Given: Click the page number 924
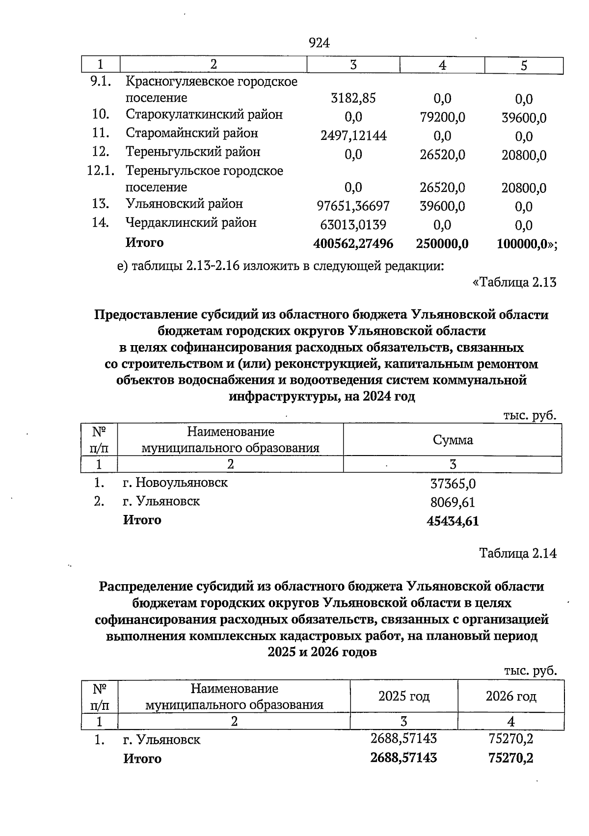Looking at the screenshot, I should coord(319,43).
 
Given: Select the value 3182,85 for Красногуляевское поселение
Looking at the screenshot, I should coord(353,98).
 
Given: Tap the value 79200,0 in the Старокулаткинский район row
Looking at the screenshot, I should coord(442,117).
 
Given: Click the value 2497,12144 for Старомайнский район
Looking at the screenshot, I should coord(353,136).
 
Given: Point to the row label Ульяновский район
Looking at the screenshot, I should coord(184,204).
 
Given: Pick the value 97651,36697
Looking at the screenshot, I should coord(353,206).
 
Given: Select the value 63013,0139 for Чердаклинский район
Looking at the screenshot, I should coord(353,225).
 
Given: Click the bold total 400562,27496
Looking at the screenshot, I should coord(353,243).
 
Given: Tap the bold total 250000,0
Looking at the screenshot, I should coord(442,243).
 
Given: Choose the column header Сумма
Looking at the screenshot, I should coord(453,440).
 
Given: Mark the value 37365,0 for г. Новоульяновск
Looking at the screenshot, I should coord(453,484).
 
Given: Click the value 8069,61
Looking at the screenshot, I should coord(453,503).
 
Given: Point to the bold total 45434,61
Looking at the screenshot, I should coord(453,521).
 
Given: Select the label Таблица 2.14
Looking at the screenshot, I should coord(518,553).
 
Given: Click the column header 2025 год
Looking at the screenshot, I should coord(404,696).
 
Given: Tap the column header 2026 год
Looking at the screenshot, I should coord(511,696).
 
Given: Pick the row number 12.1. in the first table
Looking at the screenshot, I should coord(101,171).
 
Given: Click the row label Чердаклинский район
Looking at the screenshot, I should coord(191,223).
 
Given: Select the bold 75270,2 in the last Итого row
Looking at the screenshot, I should coord(511,758).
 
